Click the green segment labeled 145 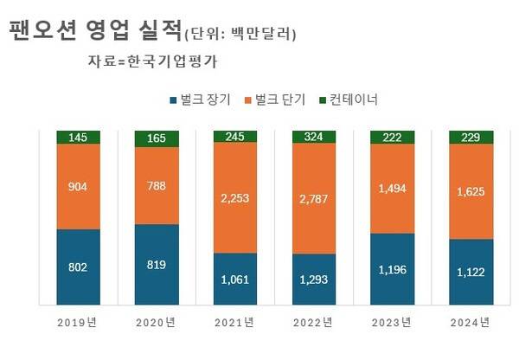tap(79, 137)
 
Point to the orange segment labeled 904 tap(79, 185)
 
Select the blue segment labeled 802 tap(79, 267)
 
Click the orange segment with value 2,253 tap(235, 197)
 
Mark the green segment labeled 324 tap(313, 137)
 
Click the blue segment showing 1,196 tap(392, 269)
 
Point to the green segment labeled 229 tap(471, 137)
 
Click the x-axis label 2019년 tap(79, 323)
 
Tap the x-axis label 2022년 tap(313, 323)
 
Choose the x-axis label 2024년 tap(471, 323)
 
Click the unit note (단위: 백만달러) tap(240, 35)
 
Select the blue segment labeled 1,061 tap(235, 279)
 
